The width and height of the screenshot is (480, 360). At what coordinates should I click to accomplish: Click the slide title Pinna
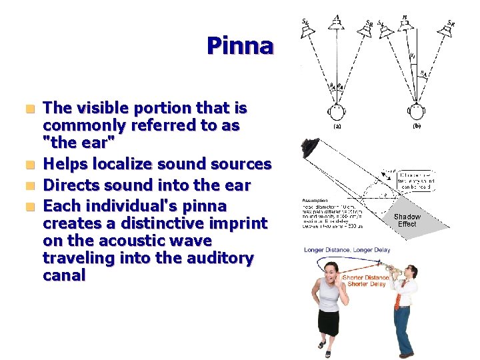[x=240, y=46]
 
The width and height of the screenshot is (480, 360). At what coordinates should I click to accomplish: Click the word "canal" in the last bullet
[x=64, y=275]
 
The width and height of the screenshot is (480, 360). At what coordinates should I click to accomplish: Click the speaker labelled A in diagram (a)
[x=337, y=23]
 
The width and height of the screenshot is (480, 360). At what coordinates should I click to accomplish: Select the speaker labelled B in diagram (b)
[x=405, y=23]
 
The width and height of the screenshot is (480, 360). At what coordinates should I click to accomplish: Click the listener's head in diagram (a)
[x=337, y=111]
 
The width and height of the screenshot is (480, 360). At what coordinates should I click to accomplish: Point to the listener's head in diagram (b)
[x=417, y=111]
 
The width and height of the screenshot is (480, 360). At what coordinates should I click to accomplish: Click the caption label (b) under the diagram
[x=417, y=127]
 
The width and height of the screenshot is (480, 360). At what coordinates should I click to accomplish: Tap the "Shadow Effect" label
[x=407, y=220]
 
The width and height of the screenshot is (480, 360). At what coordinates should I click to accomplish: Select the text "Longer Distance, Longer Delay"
[x=343, y=250]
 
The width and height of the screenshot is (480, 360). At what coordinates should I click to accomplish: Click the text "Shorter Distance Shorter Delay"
[x=365, y=280]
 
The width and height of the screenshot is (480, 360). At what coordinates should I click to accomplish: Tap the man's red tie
[x=398, y=297]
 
